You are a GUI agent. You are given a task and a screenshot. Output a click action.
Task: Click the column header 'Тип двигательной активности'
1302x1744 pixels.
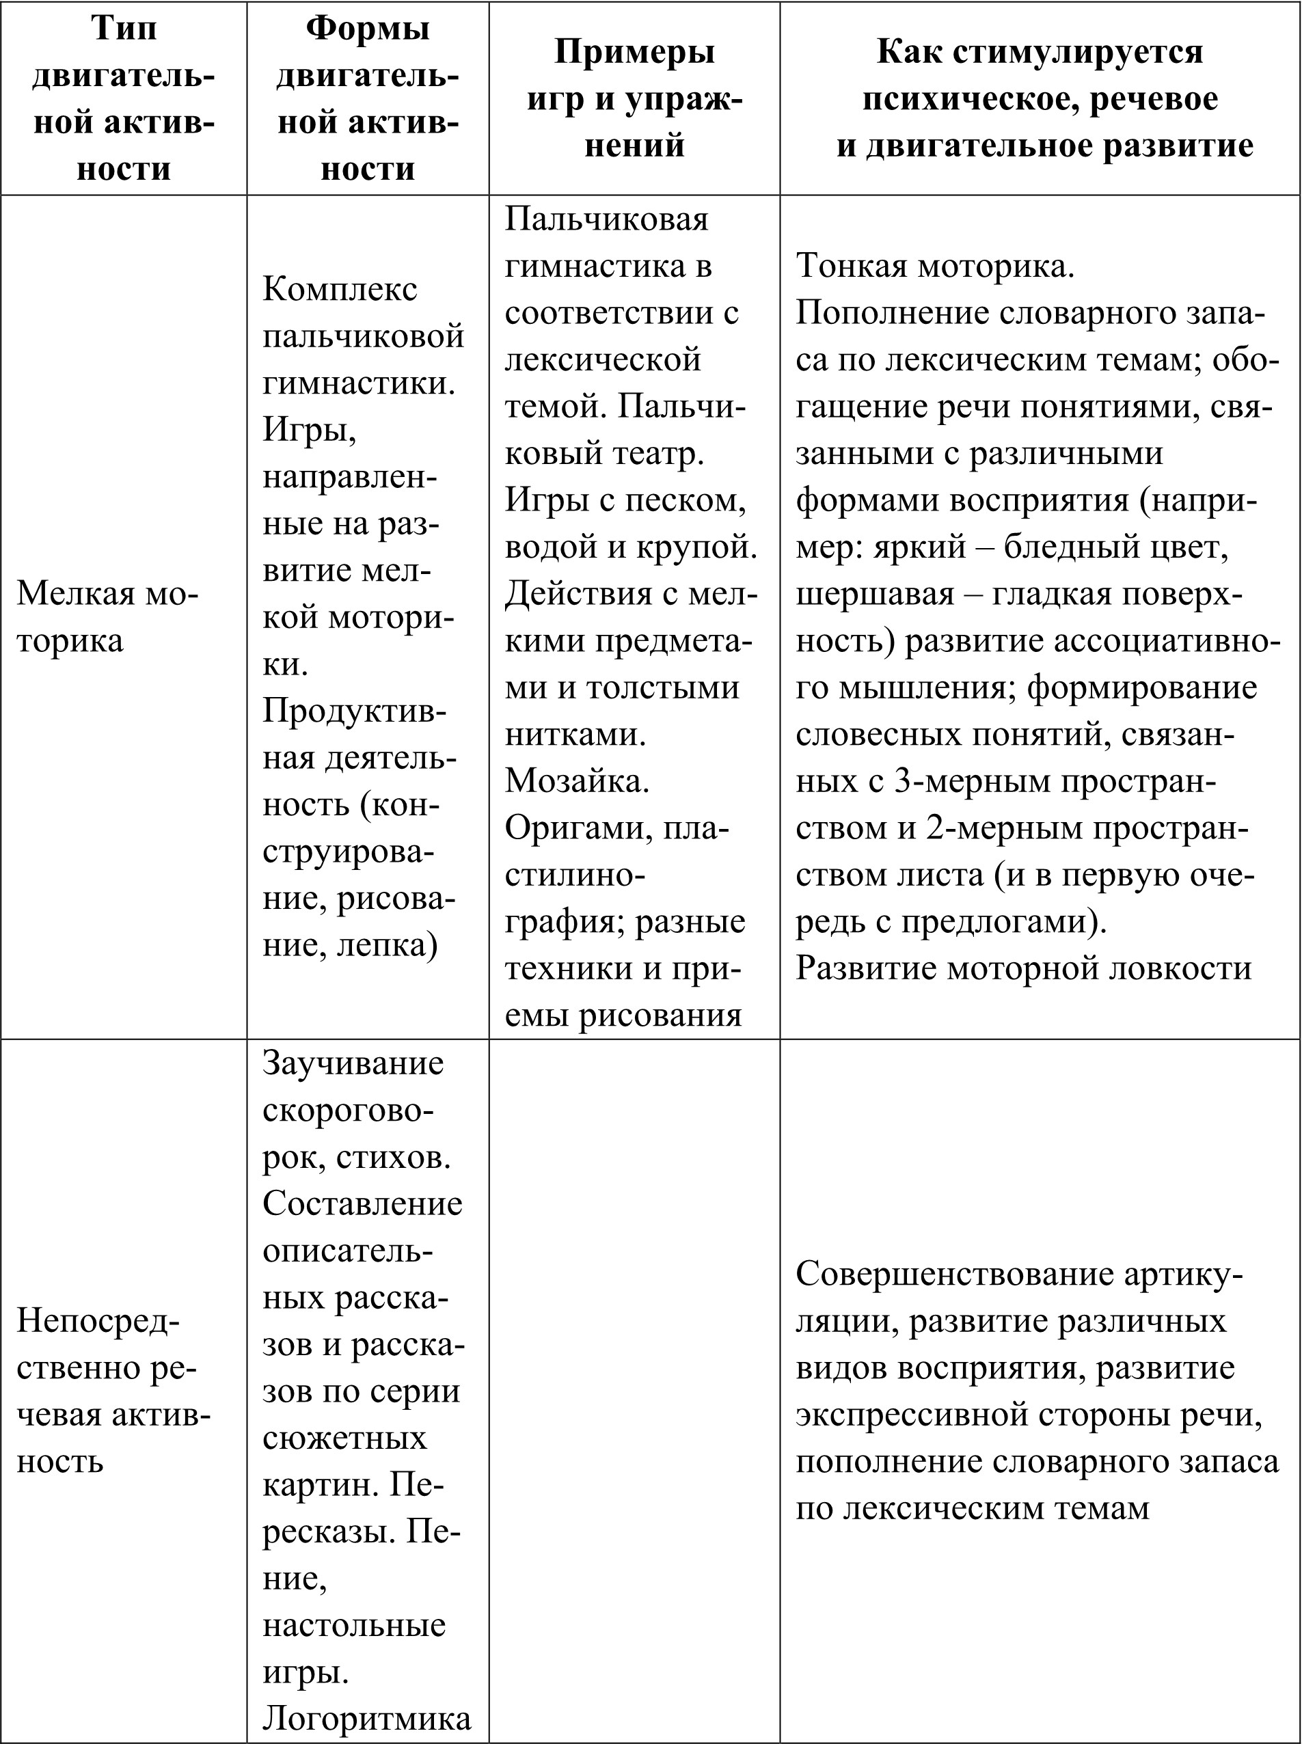point(124,98)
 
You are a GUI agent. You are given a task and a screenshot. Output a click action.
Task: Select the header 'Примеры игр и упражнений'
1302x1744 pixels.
point(634,98)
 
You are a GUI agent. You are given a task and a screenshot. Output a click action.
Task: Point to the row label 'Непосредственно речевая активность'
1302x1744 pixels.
point(114,1391)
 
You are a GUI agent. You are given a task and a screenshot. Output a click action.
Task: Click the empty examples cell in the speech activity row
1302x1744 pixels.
point(634,1391)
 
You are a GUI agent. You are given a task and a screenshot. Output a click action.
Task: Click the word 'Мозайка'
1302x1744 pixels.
point(576,780)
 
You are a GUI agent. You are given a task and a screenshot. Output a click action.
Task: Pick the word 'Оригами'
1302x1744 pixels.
point(572,828)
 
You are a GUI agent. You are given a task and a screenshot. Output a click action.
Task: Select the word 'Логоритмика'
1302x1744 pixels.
point(366,1717)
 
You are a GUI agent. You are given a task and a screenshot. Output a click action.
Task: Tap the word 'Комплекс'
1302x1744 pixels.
point(340,289)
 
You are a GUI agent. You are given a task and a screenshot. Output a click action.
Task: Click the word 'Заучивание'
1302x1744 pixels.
point(353,1063)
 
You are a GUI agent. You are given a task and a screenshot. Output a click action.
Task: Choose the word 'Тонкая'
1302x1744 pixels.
point(848,266)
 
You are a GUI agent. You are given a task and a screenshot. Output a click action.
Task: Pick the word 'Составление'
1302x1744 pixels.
point(362,1203)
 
